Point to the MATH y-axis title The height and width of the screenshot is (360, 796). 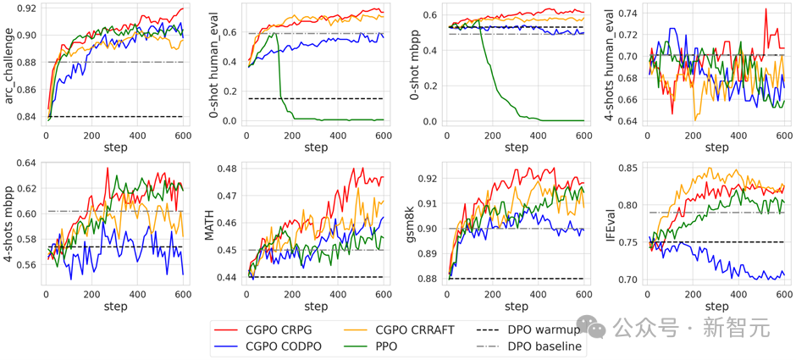point(208,226)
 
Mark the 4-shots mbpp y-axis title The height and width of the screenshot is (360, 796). point(9,226)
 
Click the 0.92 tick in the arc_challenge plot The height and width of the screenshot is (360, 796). point(25,8)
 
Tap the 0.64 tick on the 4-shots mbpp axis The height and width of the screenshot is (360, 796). point(25,163)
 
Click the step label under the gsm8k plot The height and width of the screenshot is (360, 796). point(516,306)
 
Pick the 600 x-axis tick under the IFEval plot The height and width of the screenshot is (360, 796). point(783,294)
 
